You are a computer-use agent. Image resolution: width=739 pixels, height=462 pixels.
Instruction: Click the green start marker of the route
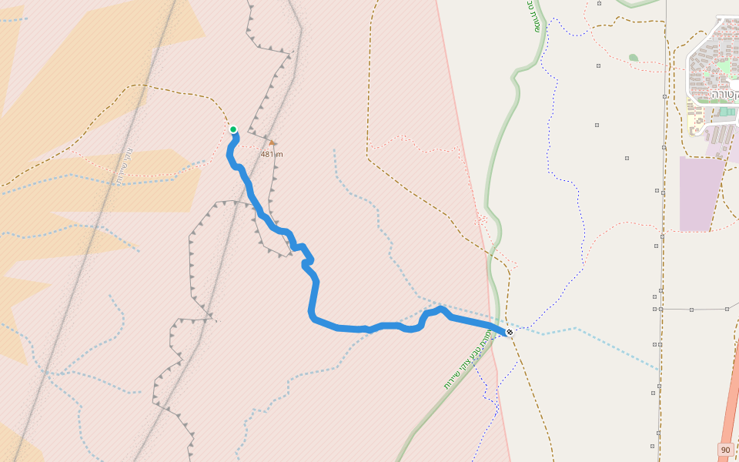pyautogui.click(x=233, y=129)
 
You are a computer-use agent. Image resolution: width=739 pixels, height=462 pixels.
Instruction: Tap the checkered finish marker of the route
pyautogui.click(x=510, y=332)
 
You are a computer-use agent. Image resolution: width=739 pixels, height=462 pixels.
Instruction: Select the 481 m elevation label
pyautogui.click(x=272, y=154)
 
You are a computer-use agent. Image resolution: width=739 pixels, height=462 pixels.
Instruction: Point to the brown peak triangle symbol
pyautogui.click(x=272, y=142)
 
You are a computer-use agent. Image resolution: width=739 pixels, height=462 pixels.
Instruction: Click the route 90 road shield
pyautogui.click(x=725, y=449)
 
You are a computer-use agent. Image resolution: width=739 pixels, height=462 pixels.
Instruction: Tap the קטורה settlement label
pyautogui.click(x=724, y=94)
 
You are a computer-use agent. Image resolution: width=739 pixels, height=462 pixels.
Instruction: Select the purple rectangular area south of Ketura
pyautogui.click(x=701, y=193)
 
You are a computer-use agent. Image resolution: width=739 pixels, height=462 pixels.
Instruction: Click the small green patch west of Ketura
pyautogui.click(x=633, y=57)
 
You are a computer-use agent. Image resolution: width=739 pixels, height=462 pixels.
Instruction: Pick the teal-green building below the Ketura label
pyautogui.click(x=724, y=112)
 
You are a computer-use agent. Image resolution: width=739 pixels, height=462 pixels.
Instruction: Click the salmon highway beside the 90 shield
pyautogui.click(x=727, y=416)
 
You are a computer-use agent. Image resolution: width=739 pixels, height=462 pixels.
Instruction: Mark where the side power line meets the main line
pyautogui.click(x=660, y=309)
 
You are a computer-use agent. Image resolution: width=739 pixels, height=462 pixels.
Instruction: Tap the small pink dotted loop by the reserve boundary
pyautogui.click(x=481, y=220)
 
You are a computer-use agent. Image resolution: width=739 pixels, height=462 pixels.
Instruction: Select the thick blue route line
pyautogui.click(x=314, y=293)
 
